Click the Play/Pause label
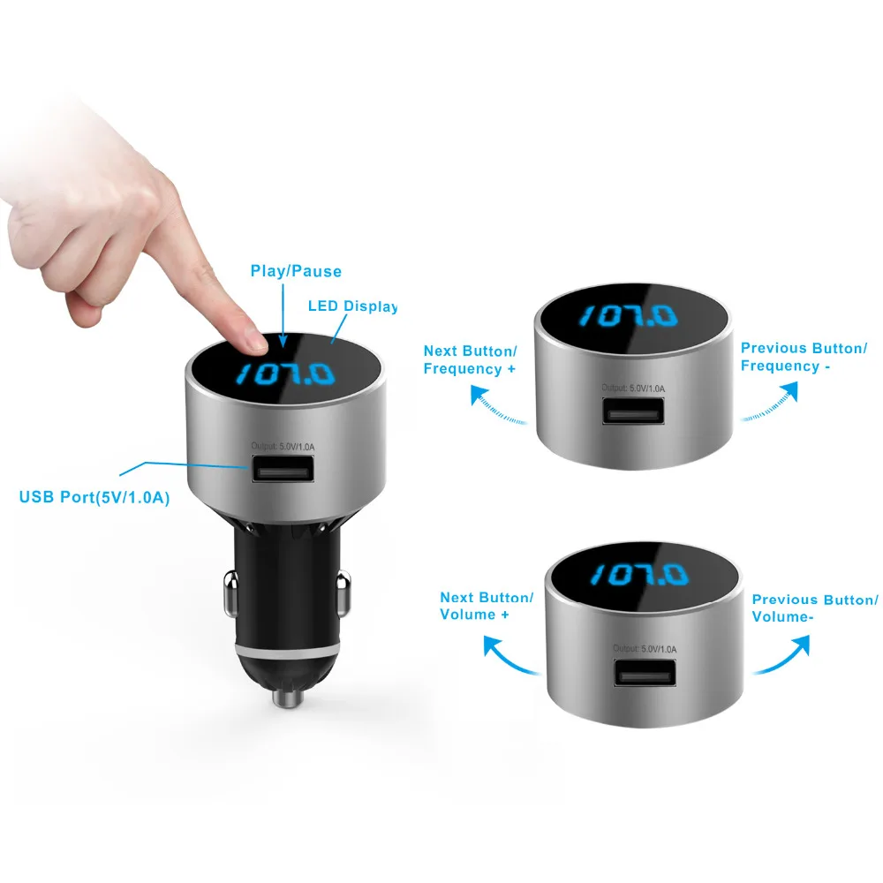pos(296,271)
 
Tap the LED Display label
pos(352,306)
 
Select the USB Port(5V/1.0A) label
pos(94,497)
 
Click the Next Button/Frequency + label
pos(470,360)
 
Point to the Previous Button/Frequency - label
pos(804,357)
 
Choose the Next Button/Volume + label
pos(486,606)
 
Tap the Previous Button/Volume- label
pos(814,608)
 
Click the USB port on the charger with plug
pos(283,469)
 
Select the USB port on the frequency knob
pos(633,411)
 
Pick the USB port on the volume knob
pos(645,672)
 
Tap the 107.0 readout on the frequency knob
pos(629,316)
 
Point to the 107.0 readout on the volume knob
pos(639,575)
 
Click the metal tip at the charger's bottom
pos(288,698)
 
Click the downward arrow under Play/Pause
pos(283,316)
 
